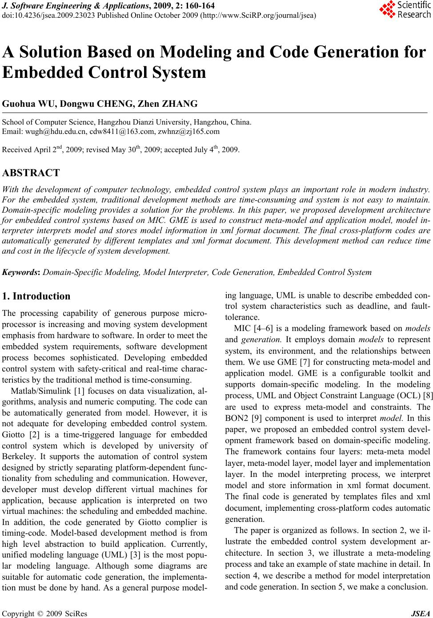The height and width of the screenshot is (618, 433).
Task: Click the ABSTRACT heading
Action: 31,173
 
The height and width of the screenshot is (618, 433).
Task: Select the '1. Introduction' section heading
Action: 36,296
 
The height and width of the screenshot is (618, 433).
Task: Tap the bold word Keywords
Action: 21,272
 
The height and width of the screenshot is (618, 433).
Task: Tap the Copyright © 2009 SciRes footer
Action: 45,614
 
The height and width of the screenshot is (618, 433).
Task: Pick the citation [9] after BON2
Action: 256,418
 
